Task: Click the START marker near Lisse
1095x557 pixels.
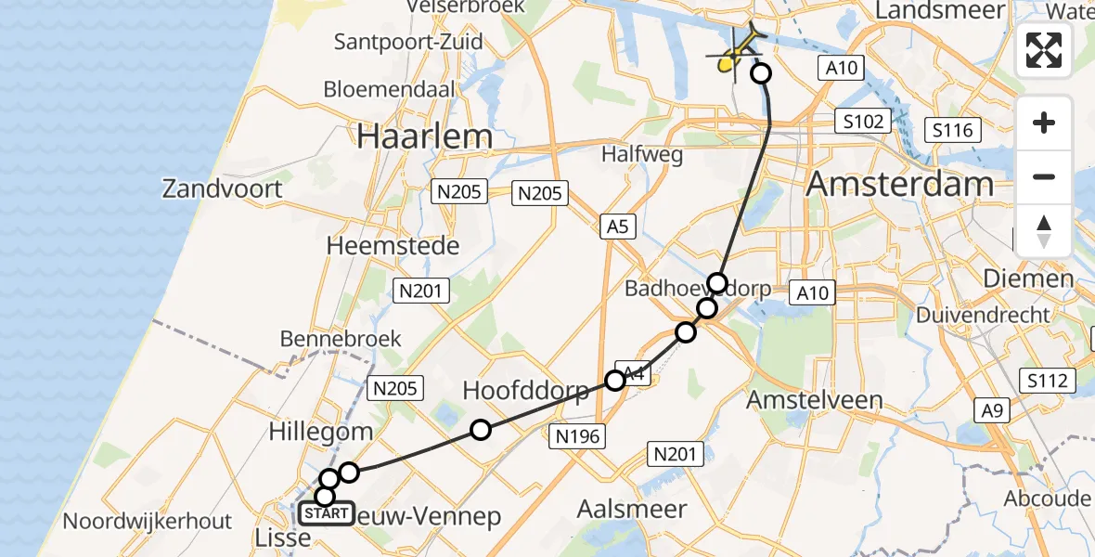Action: (326, 513)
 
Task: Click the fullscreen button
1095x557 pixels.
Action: (1044, 49)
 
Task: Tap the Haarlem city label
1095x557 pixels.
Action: (425, 137)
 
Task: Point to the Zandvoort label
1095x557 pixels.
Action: (222, 188)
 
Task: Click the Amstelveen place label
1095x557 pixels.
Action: (815, 399)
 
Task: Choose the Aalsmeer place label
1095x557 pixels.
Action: (632, 509)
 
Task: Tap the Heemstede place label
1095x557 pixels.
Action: (393, 246)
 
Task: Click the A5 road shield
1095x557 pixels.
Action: (617, 226)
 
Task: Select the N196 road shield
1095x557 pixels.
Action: (577, 436)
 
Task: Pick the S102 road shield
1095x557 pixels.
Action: (862, 121)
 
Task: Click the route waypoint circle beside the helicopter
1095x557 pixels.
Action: (761, 72)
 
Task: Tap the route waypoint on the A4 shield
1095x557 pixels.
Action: (615, 380)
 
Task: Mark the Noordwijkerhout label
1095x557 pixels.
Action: (148, 521)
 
